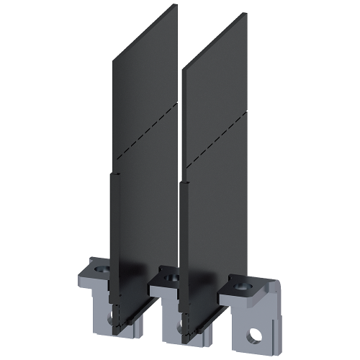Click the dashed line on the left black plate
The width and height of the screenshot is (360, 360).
pyautogui.click(x=140, y=127)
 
